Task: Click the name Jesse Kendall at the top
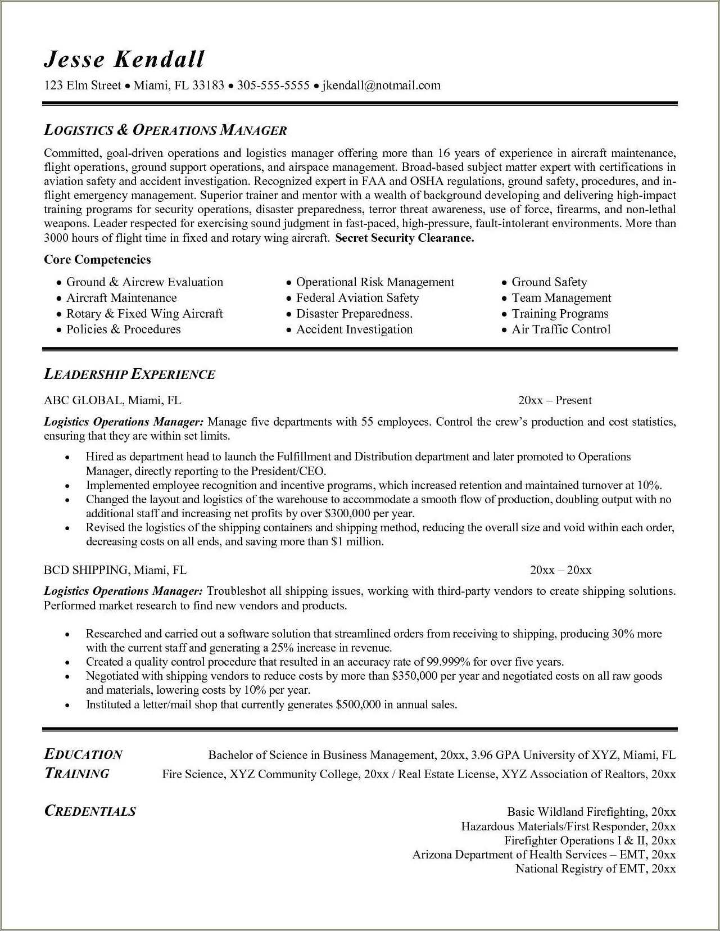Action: coord(124,59)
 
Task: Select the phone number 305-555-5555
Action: coord(273,85)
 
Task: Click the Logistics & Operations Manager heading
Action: coord(165,130)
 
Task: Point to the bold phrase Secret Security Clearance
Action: coord(405,238)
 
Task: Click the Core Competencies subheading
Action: coord(97,260)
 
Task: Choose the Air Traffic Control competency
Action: coord(560,329)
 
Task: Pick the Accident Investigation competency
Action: coord(354,329)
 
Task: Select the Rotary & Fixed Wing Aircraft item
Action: coord(144,314)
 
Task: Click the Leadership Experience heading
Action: coord(129,374)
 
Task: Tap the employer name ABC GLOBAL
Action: coord(83,400)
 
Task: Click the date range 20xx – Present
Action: coord(555,400)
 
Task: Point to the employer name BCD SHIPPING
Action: coord(86,570)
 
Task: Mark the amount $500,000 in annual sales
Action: coord(358,704)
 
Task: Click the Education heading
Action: coord(83,754)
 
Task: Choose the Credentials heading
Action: coord(90,811)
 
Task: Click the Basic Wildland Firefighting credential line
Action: coord(591,812)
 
